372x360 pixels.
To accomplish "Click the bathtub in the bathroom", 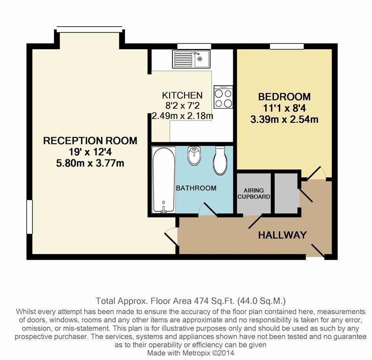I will (x=164, y=180).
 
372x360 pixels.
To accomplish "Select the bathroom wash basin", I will (x=193, y=156).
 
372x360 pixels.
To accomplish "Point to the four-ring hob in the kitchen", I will (x=223, y=97).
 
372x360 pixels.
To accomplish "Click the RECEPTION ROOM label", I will (x=90, y=140).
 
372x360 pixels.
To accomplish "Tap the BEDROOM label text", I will (x=284, y=97).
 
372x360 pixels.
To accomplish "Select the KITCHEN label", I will (x=182, y=95).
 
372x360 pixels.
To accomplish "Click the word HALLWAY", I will (x=283, y=235).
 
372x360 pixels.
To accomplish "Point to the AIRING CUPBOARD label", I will (x=254, y=193).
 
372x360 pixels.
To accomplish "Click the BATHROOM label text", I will (x=196, y=188).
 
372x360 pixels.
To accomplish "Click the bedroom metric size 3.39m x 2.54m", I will (x=284, y=119).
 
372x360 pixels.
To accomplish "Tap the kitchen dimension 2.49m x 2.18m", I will (x=182, y=115).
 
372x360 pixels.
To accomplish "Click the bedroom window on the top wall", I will (x=285, y=45).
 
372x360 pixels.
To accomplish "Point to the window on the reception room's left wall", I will (x=29, y=216).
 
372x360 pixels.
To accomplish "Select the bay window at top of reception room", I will (x=90, y=29).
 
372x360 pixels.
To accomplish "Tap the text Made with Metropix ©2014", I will (x=190, y=352).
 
